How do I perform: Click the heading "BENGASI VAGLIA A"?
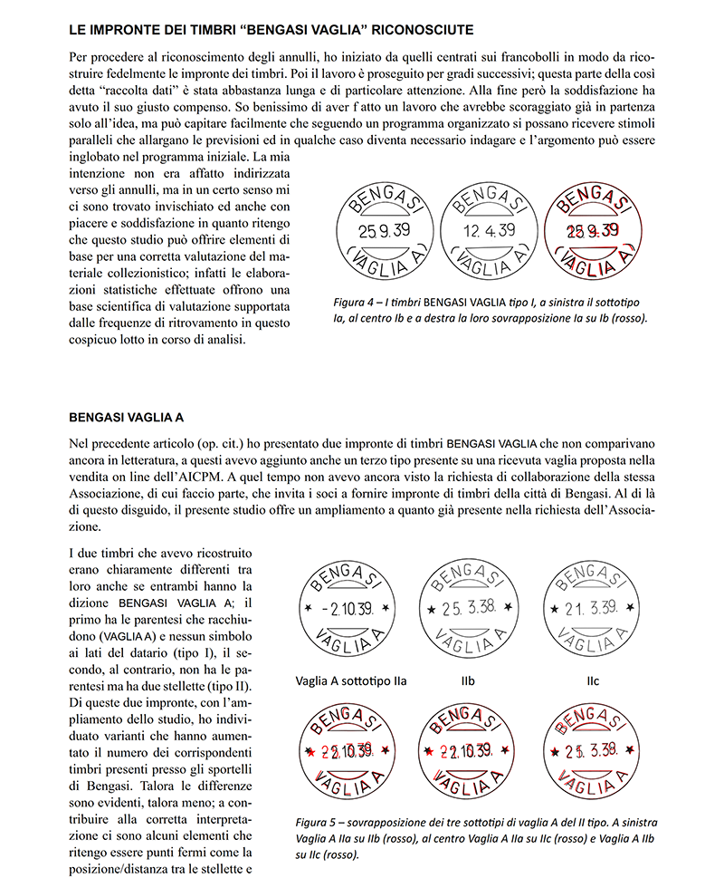coord(126,418)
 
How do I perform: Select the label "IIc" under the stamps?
coord(592,680)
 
